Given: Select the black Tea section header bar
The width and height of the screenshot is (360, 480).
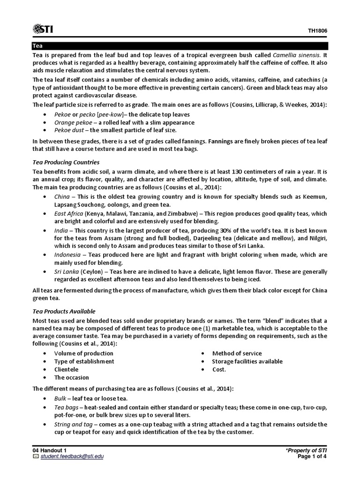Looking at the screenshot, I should [x=180, y=46].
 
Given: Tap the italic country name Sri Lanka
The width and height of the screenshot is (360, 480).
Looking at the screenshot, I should [x=67, y=271].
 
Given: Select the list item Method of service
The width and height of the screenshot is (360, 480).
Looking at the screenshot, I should [x=237, y=353].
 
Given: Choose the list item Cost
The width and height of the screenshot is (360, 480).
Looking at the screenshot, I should [x=219, y=369].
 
